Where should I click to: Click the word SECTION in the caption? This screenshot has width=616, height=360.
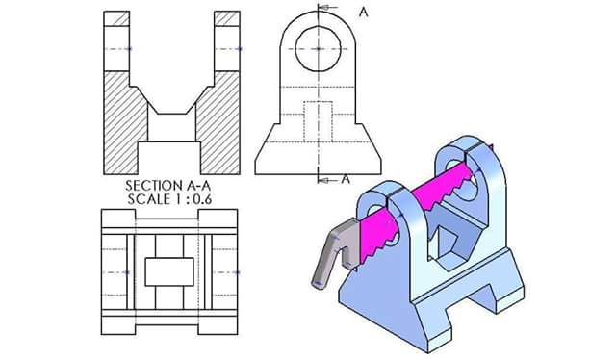click(x=151, y=186)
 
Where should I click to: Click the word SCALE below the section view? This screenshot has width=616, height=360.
click(x=146, y=199)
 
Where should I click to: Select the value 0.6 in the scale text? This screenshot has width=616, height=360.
click(x=201, y=199)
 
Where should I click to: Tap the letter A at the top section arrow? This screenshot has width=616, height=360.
click(x=364, y=13)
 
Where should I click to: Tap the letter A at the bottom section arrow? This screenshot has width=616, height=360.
click(x=346, y=179)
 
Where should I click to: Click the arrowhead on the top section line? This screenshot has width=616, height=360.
click(x=323, y=8)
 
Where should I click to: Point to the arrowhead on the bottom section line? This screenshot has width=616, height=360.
click(x=322, y=180)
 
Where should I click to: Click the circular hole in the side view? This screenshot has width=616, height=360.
click(x=319, y=49)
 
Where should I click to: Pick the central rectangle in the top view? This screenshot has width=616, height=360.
click(x=169, y=271)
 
